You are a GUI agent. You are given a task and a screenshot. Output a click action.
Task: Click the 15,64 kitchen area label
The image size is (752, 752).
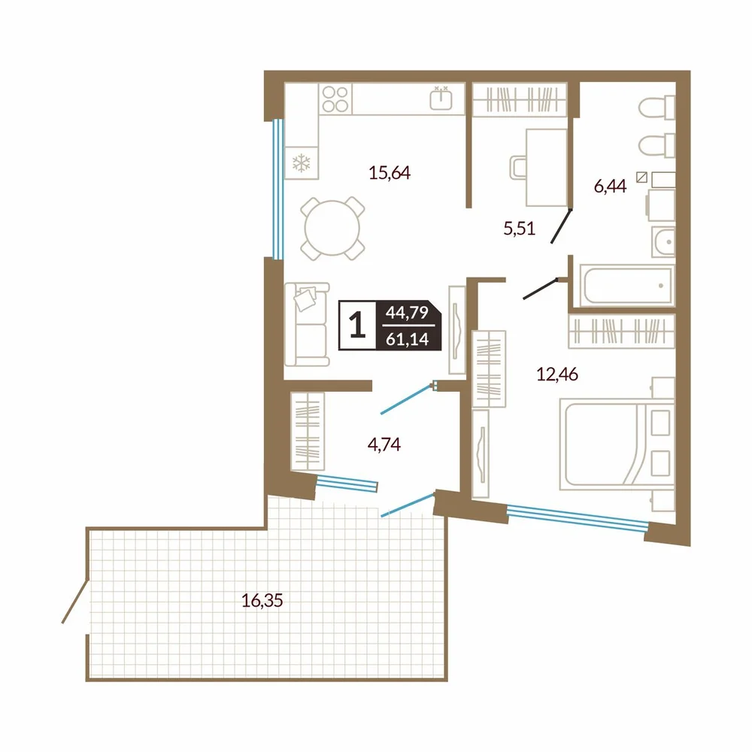pyautogui.click(x=390, y=173)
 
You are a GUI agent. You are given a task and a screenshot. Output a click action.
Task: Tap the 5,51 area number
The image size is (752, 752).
pyautogui.click(x=520, y=229)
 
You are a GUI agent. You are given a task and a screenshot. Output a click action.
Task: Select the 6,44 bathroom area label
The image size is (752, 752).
pyautogui.click(x=610, y=186)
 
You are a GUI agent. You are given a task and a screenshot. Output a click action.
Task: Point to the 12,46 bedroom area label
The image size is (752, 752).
pyautogui.click(x=556, y=374)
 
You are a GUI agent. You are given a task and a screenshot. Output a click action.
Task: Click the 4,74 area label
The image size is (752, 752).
pyautogui.click(x=384, y=444)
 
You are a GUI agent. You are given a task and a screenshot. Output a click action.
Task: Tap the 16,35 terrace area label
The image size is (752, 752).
pyautogui.click(x=262, y=600)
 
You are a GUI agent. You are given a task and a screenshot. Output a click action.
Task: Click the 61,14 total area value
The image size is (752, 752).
pyautogui.click(x=407, y=339)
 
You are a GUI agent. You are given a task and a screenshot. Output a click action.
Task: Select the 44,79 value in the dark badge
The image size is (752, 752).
pyautogui.click(x=407, y=313)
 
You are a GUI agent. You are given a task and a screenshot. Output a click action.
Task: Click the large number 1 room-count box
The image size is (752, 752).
pyautogui.click(x=357, y=325)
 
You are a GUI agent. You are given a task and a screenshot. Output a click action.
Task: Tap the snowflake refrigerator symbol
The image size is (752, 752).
pyautogui.click(x=302, y=163)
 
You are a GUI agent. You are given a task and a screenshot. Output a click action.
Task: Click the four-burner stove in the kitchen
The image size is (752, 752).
pyautogui.click(x=335, y=99)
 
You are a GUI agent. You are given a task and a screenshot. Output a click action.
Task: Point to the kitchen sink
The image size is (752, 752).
pyautogui.click(x=441, y=99)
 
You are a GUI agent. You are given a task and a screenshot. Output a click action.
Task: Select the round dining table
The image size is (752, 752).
pyautogui.click(x=332, y=229)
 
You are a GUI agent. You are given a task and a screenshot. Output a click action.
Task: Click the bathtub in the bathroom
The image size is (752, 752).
pyautogui.click(x=626, y=285)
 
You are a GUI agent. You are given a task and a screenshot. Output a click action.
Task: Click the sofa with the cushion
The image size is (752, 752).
pyautogui.click(x=307, y=325)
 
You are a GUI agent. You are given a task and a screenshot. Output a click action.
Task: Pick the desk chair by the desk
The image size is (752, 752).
pyautogui.click(x=518, y=168)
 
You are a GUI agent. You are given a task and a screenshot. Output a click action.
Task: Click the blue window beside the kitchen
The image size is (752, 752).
pyautogui.click(x=277, y=189)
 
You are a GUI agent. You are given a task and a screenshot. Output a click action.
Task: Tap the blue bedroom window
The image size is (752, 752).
pyautogui.click(x=577, y=518)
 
